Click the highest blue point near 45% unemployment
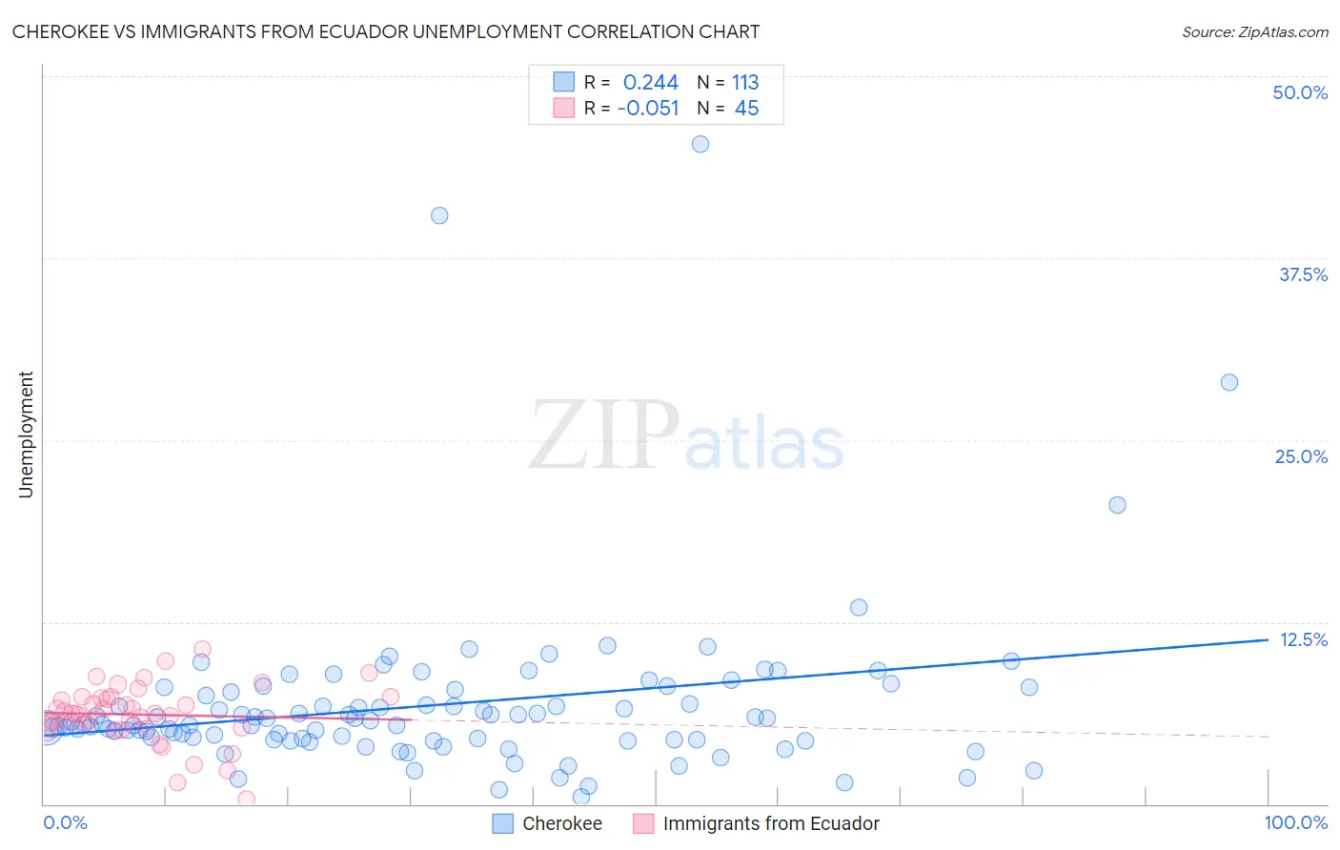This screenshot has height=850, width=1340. tap(700, 144)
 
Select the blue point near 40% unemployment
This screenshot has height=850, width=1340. tap(439, 215)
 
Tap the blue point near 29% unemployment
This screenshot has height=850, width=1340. tap(1229, 382)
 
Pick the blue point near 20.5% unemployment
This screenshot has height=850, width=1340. tap(1118, 505)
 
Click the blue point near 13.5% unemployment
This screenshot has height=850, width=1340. tap(859, 607)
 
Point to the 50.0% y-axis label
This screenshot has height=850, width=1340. tap(1300, 92)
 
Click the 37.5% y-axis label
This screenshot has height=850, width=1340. tap(1303, 274)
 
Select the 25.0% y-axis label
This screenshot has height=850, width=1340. tap(1301, 456)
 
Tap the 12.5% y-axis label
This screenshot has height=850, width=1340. tap(1303, 639)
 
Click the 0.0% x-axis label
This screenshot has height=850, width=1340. tap(65, 822)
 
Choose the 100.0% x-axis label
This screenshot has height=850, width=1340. tap(1295, 822)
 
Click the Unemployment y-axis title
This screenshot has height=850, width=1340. tap(26, 435)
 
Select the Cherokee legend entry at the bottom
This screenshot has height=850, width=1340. tap(561, 823)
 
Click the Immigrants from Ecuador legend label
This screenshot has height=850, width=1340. tap(770, 823)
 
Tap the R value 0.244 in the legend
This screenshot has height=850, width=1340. tap(650, 83)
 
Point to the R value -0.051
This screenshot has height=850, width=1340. tap(648, 109)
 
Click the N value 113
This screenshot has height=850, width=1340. tap(745, 83)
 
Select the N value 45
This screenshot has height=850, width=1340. tap(746, 109)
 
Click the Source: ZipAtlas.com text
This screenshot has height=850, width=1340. tap(1254, 32)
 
